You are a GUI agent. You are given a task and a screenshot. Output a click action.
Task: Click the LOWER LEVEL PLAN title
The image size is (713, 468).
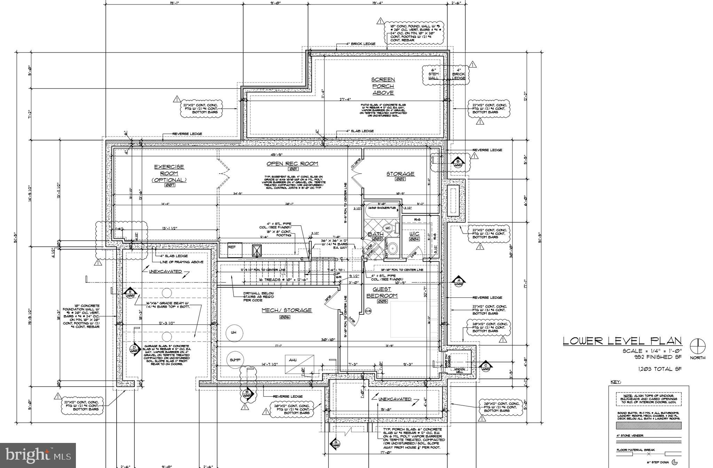point(622,341)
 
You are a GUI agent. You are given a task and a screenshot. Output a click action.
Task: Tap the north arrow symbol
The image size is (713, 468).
point(698,346)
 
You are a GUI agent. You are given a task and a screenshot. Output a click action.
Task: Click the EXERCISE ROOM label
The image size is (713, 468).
point(169,173)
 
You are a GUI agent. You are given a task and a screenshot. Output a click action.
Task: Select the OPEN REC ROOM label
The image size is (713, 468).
point(292,164)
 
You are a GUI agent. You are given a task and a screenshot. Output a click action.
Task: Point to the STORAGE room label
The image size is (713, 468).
point(400,174)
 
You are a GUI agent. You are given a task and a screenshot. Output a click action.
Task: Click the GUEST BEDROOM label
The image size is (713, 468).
point(382,292)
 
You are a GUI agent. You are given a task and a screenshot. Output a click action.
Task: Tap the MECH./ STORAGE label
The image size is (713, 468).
point(287,310)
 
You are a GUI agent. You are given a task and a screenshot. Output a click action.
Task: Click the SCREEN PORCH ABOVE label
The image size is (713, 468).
point(383,86)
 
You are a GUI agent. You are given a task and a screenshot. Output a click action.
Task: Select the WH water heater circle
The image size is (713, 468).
point(233,333)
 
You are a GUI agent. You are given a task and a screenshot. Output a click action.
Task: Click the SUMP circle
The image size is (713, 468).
point(235,360)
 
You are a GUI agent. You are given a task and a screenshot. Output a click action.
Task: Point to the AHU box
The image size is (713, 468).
point(299,360)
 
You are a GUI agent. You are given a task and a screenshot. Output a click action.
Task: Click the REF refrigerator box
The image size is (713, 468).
point(235,250)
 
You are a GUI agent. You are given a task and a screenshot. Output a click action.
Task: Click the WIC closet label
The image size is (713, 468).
point(414,234)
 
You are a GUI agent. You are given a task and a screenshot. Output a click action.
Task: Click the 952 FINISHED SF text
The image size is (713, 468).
point(657,357)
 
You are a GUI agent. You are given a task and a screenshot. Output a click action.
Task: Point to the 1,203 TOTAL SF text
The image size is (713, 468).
point(659,369)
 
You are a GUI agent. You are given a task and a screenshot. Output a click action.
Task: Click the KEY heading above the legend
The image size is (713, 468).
point(616,382)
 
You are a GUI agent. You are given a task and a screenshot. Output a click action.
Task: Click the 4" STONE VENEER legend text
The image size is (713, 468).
point(630,436)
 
